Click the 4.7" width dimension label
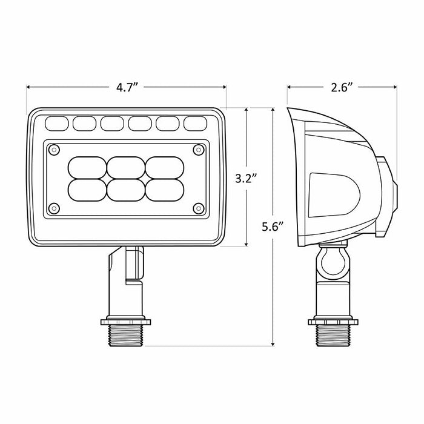click(x=127, y=87)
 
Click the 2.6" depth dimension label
click(x=342, y=87)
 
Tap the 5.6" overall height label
click(x=273, y=227)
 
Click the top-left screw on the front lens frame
click(x=55, y=149)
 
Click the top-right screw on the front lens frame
click(x=198, y=149)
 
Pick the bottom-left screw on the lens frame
click(x=55, y=208)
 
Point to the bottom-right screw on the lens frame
click(x=198, y=208)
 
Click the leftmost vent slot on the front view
click(x=57, y=124)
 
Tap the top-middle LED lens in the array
click(x=126, y=167)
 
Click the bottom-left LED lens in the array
click(x=88, y=190)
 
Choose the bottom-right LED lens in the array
click(x=164, y=190)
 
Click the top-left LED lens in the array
click(x=88, y=167)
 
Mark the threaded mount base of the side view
click(x=332, y=334)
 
